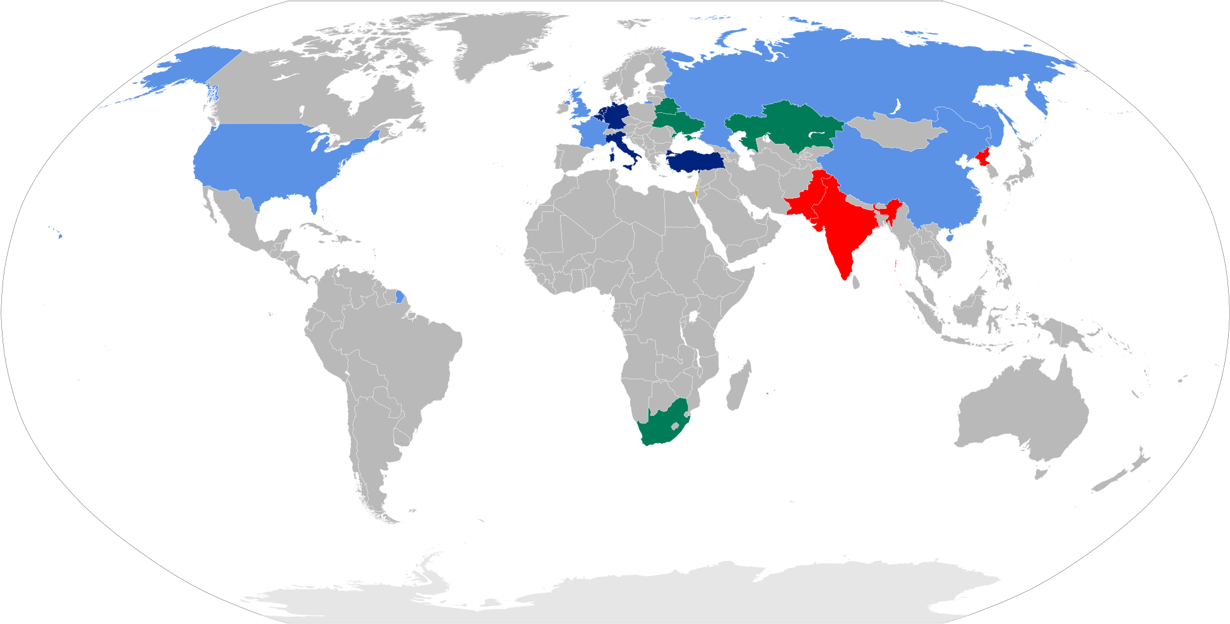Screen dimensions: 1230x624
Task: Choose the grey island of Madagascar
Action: coord(737,386)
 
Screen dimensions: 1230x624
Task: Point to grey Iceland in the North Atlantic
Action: coord(542,66)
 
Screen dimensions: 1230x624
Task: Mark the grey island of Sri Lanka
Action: coord(856,281)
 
